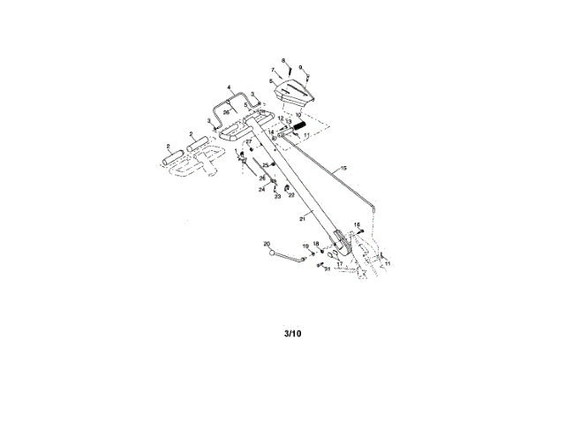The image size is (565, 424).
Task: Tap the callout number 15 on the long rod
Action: click(343, 167)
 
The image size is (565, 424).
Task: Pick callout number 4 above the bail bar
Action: click(229, 87)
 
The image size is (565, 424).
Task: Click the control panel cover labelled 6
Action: click(294, 87)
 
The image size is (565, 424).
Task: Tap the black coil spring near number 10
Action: click(301, 129)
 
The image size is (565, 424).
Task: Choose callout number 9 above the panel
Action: click(301, 67)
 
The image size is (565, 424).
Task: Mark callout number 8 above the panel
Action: click(283, 60)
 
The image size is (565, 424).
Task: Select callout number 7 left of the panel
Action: click(274, 69)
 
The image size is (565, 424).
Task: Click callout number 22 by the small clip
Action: click(292, 194)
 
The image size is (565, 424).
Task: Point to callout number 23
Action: click(276, 197)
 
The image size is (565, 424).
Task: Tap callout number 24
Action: click(261, 189)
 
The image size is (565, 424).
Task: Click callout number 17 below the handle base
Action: click(339, 263)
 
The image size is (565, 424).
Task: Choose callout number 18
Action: click(316, 243)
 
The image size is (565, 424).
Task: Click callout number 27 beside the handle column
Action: click(248, 142)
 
